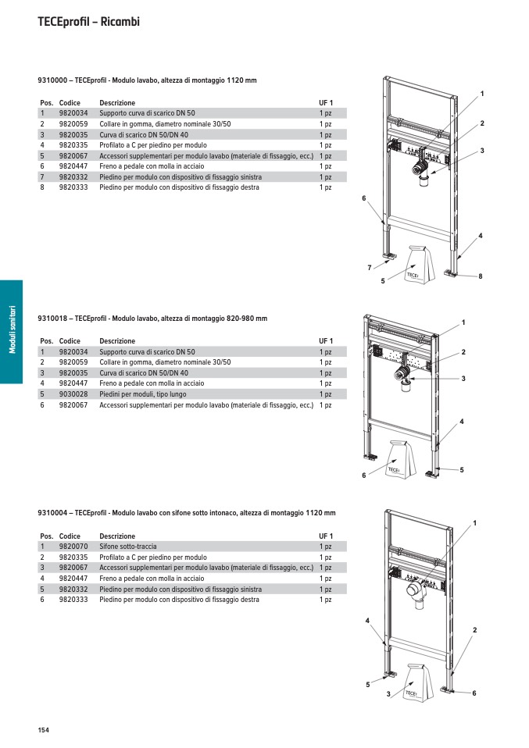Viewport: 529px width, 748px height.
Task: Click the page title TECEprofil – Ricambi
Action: [x=88, y=22]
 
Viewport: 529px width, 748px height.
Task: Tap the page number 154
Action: [x=43, y=730]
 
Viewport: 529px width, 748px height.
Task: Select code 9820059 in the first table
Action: [x=73, y=124]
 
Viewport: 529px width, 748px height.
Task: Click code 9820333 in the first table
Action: [x=73, y=187]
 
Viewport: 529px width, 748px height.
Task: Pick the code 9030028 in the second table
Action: [x=73, y=394]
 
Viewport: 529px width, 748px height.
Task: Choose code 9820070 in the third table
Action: [x=73, y=547]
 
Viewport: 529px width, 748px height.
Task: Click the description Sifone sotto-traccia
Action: [x=127, y=547]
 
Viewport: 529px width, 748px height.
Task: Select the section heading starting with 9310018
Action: [x=152, y=319]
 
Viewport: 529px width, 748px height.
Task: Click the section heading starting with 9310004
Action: [x=187, y=513]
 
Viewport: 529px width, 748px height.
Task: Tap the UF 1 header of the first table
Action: [x=326, y=103]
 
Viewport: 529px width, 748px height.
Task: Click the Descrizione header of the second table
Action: [x=117, y=341]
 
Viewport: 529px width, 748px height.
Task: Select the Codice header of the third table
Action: [x=70, y=536]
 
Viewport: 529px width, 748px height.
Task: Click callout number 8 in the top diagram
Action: [x=481, y=276]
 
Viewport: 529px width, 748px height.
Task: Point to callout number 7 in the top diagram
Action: [x=369, y=268]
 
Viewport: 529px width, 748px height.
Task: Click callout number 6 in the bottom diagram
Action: [x=474, y=693]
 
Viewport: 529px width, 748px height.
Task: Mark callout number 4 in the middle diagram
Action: [x=462, y=422]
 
